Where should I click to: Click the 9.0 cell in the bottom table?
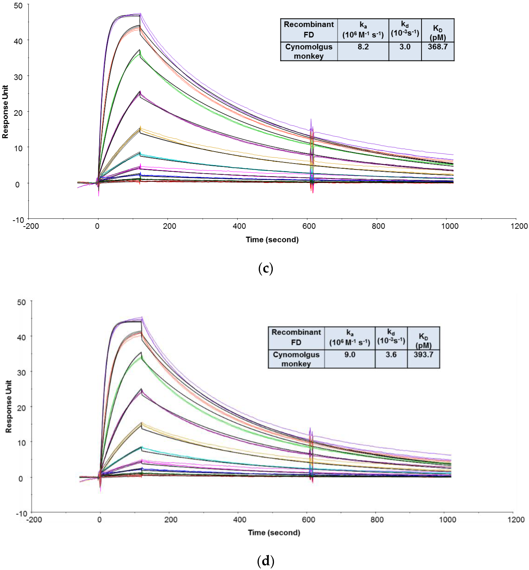tap(350, 355)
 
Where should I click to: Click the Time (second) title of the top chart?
tap(272, 239)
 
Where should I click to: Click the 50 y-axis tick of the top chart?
tap(18, 6)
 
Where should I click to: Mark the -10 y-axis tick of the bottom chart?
tap(22, 513)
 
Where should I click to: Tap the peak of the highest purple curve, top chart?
tap(140, 13)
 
